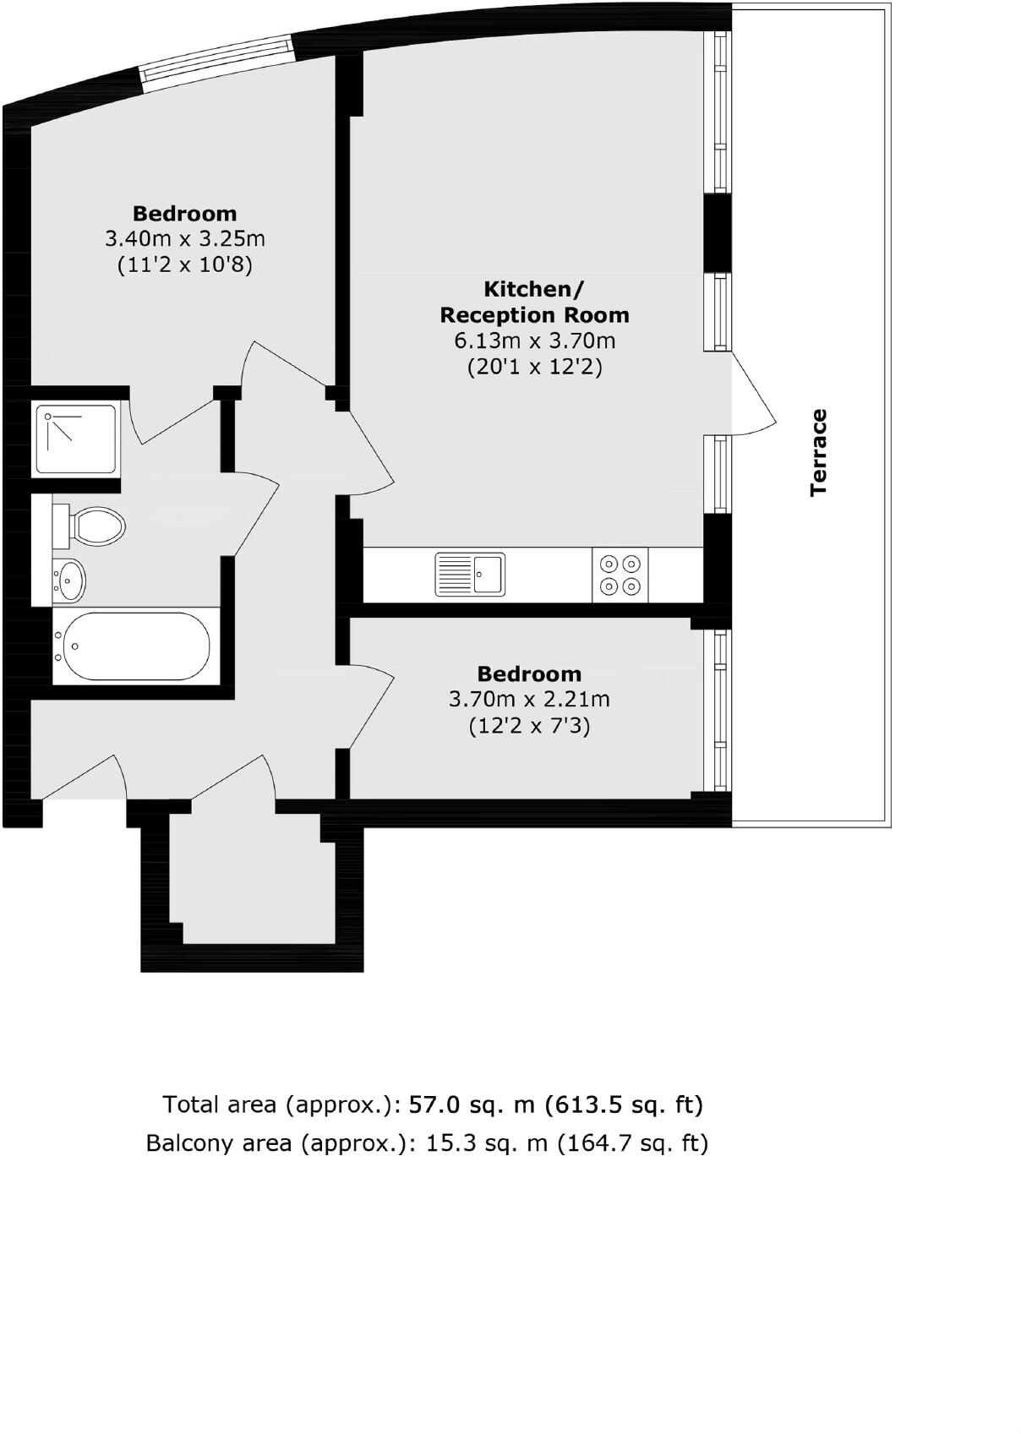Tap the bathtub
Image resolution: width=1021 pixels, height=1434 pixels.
point(132,646)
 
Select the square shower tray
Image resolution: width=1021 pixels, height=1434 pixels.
point(75,439)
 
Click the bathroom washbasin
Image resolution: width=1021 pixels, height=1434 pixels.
point(70,581)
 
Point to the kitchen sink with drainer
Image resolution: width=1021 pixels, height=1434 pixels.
point(470,575)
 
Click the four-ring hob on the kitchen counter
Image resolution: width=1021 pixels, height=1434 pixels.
point(620,575)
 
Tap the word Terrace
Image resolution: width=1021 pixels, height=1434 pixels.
point(818,452)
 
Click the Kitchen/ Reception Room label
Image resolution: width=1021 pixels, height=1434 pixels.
point(534,302)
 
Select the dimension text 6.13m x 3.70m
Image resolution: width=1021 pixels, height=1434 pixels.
point(534,341)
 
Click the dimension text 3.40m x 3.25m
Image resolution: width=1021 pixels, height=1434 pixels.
point(184,239)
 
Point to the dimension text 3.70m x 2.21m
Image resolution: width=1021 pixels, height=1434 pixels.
point(529,700)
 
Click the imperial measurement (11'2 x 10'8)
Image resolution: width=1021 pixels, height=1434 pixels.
point(184,265)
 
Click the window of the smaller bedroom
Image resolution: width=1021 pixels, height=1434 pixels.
point(719,710)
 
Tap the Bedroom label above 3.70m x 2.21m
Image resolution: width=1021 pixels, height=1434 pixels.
point(529,673)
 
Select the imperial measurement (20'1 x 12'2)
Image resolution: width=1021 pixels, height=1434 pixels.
point(534,368)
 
